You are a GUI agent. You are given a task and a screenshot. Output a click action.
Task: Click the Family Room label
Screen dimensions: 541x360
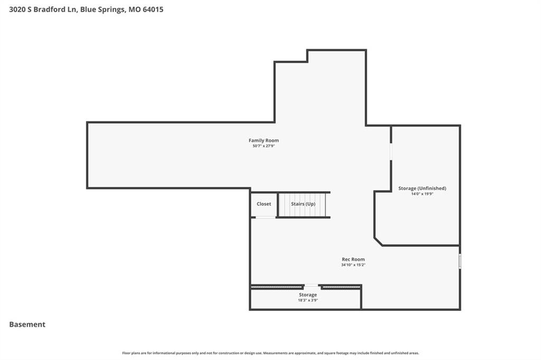pos(264,140)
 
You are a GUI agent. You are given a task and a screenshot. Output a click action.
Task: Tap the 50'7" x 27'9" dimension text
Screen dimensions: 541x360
pos(264,146)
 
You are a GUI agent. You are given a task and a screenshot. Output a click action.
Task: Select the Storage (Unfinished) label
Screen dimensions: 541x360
pos(422,188)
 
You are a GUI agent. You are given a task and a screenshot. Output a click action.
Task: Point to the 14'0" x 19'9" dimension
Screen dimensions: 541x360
pos(422,194)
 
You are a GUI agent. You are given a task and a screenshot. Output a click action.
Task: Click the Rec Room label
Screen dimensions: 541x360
pos(353,259)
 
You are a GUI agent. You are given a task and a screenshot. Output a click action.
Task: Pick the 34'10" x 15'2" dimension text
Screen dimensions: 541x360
pos(353,265)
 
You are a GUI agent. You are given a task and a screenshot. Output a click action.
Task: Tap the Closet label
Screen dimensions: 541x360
pos(264,204)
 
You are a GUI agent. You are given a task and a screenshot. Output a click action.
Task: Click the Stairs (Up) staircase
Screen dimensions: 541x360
pos(303,205)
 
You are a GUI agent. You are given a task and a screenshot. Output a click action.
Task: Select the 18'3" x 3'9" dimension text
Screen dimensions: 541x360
pos(308,300)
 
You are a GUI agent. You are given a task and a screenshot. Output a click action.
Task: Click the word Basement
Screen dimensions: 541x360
pos(27,325)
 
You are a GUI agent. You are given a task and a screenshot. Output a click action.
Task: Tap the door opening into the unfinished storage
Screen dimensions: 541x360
pos(391,151)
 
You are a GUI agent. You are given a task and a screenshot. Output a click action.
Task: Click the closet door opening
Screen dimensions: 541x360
pos(265,217)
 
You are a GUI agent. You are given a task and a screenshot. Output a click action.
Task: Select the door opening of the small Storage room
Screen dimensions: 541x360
pos(311,286)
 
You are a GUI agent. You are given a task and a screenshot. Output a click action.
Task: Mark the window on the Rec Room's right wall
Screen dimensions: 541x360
pos(460,261)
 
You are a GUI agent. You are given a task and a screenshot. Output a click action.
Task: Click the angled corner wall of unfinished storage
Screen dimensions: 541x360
pos(378,241)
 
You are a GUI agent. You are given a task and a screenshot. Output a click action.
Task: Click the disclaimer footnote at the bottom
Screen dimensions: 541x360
pos(270,353)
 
